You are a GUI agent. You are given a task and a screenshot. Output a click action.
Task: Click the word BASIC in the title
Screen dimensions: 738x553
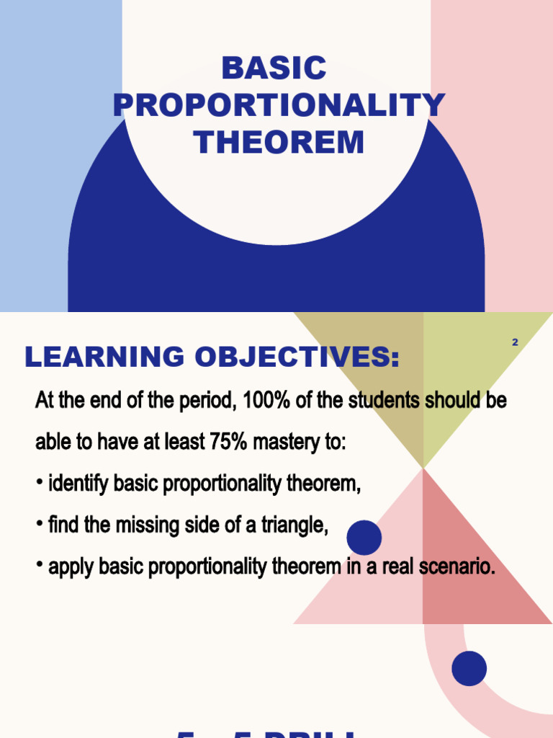pos(274,69)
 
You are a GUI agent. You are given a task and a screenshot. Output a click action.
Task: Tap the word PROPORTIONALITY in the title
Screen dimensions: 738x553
pos(279,106)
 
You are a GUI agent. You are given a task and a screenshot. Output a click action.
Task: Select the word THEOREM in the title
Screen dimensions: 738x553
pos(279,143)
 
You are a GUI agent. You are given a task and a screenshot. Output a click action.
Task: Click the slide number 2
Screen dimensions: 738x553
pos(515,342)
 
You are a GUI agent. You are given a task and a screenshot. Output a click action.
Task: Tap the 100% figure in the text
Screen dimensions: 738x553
pos(266,401)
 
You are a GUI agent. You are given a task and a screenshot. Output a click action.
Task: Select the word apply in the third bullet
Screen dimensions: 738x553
pos(71,567)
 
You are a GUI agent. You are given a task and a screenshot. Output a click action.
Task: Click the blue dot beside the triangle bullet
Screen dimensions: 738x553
pos(364,538)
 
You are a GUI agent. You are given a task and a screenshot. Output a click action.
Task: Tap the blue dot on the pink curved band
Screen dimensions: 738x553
pos(469,668)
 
